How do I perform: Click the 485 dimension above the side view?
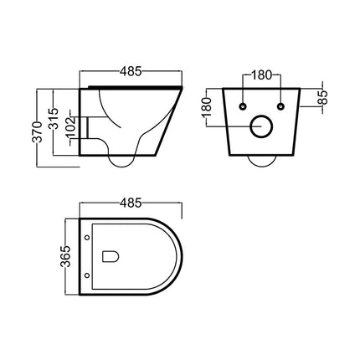131,72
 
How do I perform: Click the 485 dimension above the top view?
131,203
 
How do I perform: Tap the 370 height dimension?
37,131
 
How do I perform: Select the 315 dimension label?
54,118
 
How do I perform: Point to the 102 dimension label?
70,127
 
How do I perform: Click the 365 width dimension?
65,256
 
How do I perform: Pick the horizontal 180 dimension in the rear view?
261,75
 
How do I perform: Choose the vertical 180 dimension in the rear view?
207,107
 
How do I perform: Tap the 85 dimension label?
323,97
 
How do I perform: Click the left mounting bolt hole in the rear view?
243,106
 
